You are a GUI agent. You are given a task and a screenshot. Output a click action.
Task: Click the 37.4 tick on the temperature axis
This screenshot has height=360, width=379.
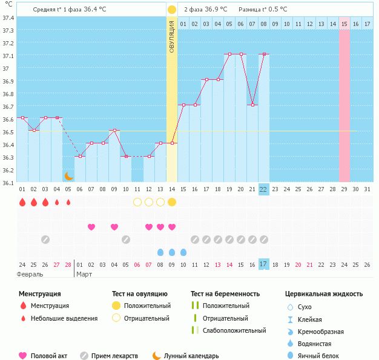pos(8,18)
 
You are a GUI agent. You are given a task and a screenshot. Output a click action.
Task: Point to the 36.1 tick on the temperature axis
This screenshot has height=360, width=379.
pos(8,182)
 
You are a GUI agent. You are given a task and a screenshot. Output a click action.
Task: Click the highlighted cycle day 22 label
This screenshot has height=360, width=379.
pos(263,189)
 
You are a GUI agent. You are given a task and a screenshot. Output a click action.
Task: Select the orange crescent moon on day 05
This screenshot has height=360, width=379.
pos(68,175)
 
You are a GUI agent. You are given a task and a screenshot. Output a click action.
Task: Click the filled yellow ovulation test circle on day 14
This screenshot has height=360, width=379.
pos(172,202)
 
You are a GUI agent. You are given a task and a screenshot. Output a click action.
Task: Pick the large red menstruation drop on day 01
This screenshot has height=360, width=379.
pos(22,202)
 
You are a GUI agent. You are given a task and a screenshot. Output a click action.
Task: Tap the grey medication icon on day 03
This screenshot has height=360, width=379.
pos(45,240)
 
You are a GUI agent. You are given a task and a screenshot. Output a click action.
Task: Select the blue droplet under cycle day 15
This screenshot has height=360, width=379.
pos(183,252)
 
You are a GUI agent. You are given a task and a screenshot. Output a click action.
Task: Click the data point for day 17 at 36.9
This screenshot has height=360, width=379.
pos(206,79)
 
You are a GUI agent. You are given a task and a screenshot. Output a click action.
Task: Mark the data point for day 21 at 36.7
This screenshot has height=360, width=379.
pos(252,105)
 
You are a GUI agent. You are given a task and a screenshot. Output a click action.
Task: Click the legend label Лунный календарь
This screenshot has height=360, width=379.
pos(191,356)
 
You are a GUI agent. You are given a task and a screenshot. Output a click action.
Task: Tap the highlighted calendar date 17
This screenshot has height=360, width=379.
pos(263,264)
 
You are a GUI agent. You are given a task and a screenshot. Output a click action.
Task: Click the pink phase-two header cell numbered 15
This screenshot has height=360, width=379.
pos(344,23)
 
